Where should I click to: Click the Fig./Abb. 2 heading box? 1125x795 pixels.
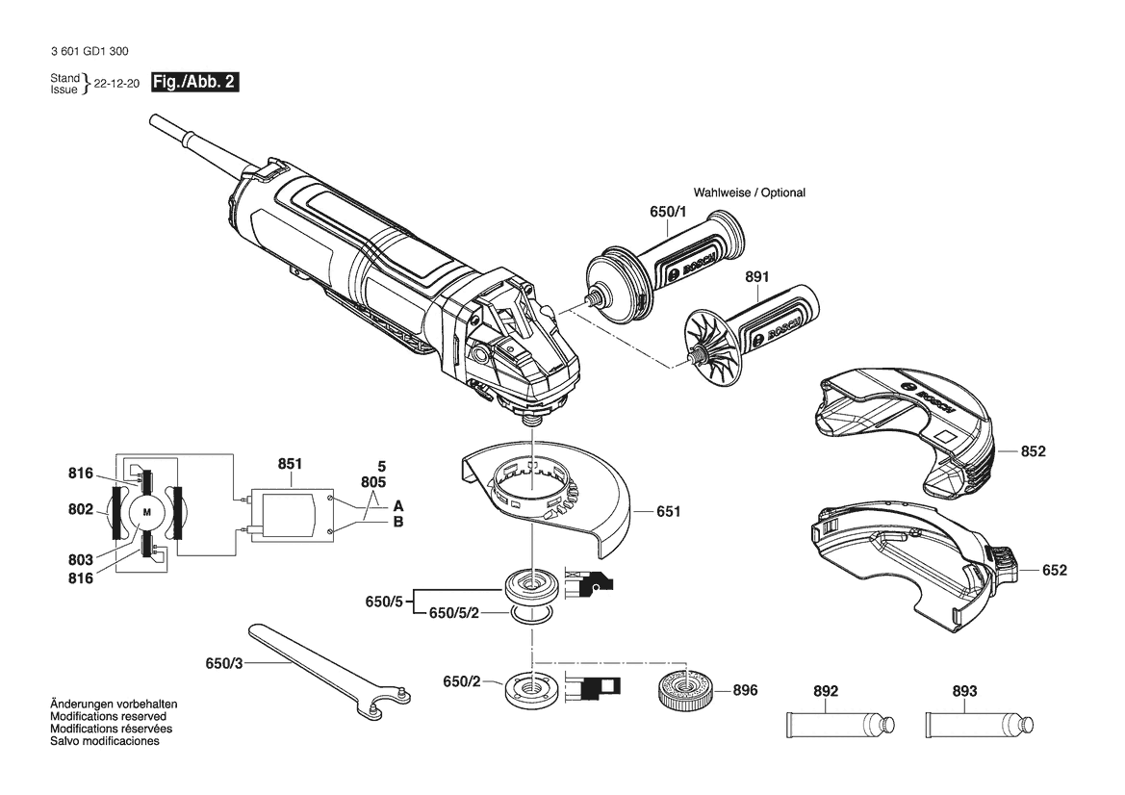(x=194, y=82)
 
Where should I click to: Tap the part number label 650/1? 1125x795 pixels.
(x=668, y=212)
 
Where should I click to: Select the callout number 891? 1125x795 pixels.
(x=757, y=276)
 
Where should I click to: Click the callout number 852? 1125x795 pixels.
(x=1034, y=451)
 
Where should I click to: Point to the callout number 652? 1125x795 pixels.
(x=1054, y=571)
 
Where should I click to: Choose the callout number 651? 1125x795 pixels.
(x=668, y=512)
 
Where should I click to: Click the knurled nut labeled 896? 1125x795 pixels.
(x=686, y=690)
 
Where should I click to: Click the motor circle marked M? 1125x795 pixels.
(x=148, y=512)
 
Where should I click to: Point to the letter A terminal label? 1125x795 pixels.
(x=398, y=506)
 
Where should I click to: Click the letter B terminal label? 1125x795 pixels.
(x=398, y=523)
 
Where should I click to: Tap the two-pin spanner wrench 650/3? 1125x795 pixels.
(x=331, y=667)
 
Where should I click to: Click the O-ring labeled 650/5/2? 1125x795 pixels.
(x=532, y=614)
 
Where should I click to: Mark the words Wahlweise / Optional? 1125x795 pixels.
(x=749, y=192)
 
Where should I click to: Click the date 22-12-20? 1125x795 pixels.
(x=117, y=83)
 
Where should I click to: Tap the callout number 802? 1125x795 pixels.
(x=81, y=509)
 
